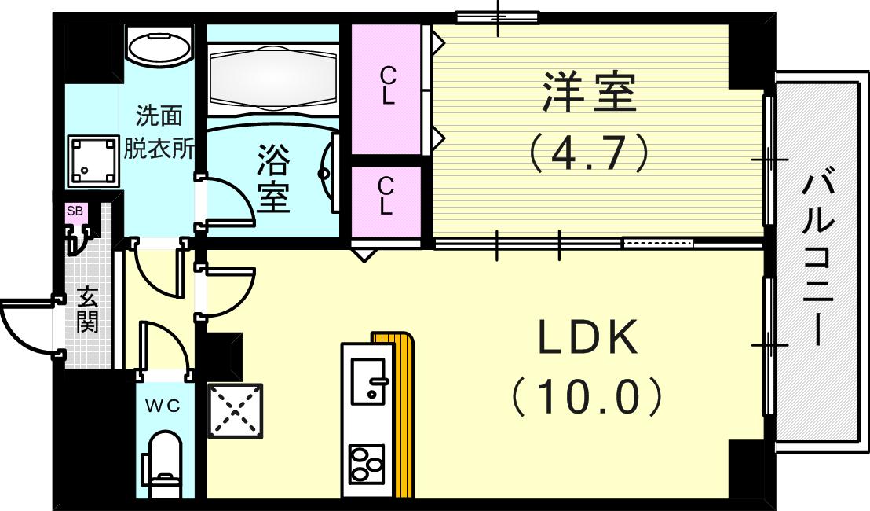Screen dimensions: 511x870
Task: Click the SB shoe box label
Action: coord(75,211)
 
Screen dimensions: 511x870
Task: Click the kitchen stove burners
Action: coord(366,465)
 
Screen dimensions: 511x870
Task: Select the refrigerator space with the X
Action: coord(235,410)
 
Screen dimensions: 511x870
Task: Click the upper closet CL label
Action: coord(387,86)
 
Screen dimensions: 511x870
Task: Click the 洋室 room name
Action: coord(588,94)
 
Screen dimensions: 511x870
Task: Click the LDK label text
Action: coord(587,339)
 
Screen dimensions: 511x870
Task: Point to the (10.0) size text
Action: coord(587,398)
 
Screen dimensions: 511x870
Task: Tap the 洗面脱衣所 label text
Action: coord(160,133)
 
